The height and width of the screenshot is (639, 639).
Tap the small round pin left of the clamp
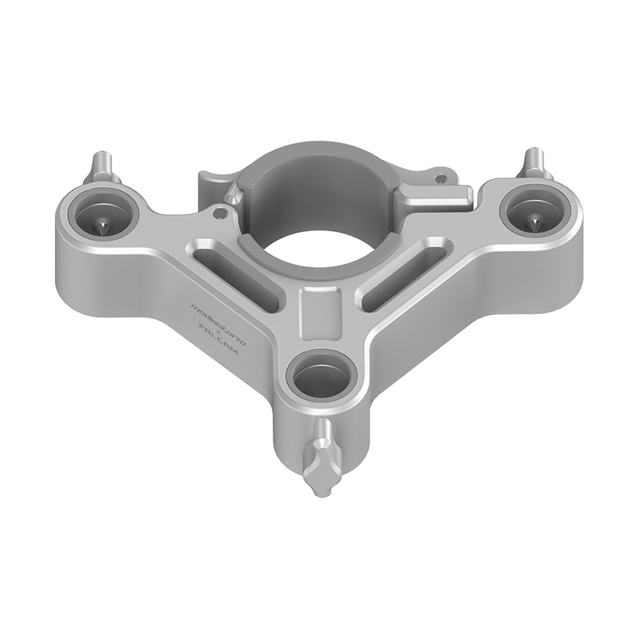[218, 213]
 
